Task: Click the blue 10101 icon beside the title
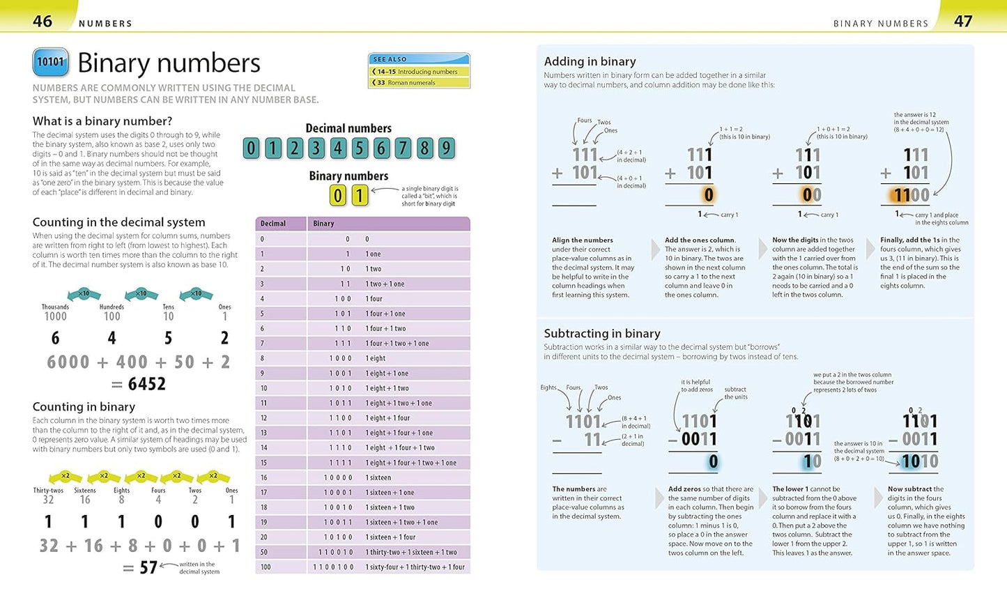tap(50, 62)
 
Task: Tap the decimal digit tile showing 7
tap(402, 148)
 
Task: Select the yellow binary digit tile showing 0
tap(337, 195)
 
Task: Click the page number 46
tap(43, 21)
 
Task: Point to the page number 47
tap(962, 21)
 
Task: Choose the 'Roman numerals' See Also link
tap(411, 82)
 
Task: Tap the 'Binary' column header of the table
tap(324, 224)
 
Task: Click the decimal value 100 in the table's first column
tap(265, 567)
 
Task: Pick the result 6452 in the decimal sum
tap(146, 384)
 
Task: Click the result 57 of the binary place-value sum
tap(148, 567)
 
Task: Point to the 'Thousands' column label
tap(55, 307)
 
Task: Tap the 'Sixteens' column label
tap(85, 491)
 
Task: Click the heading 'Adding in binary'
tap(590, 61)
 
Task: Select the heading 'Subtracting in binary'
tap(601, 333)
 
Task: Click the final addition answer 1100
tap(912, 195)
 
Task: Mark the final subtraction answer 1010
tap(920, 461)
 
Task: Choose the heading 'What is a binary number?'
tap(102, 121)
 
